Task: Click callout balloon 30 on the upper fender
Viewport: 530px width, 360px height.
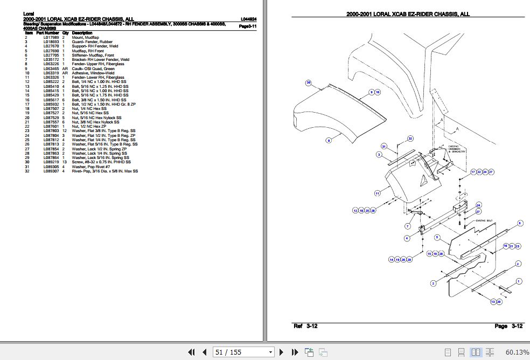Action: click(x=309, y=82)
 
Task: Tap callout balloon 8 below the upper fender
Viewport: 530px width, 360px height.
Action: click(x=328, y=141)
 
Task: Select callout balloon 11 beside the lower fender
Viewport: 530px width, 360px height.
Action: click(x=378, y=192)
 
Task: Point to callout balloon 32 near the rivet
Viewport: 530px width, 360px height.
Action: click(x=410, y=139)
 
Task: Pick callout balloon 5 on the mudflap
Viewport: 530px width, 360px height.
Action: click(x=437, y=237)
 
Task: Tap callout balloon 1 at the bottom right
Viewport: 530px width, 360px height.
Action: click(x=518, y=281)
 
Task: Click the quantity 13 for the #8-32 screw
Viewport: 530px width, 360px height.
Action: click(x=65, y=162)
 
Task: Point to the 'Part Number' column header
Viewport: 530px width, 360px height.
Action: click(x=47, y=33)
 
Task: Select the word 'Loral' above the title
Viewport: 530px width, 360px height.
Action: click(x=29, y=12)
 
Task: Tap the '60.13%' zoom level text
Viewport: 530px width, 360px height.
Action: click(x=517, y=352)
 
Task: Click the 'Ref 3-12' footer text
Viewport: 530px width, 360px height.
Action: click(x=305, y=326)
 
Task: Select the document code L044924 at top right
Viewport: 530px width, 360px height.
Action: click(x=248, y=19)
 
